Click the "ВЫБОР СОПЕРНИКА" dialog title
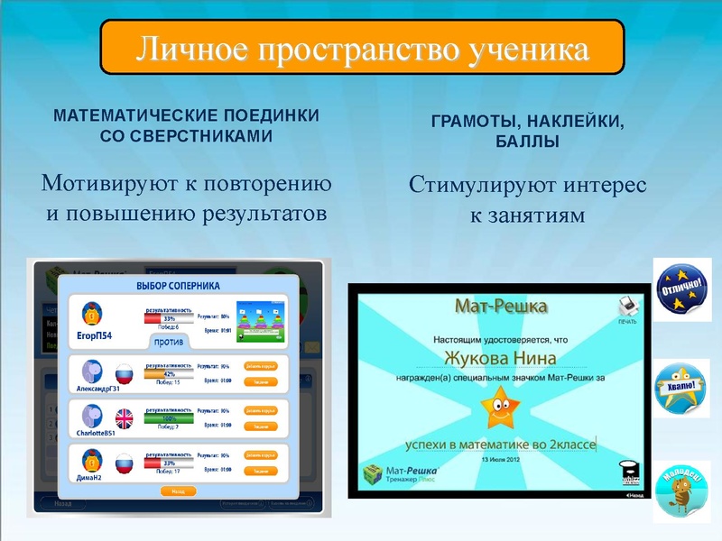178,286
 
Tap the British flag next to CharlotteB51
124,417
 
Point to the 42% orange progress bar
169,373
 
